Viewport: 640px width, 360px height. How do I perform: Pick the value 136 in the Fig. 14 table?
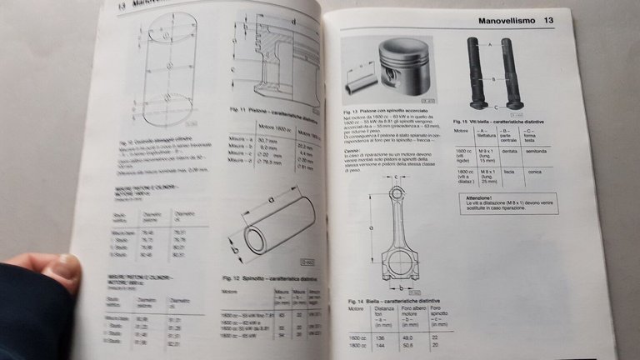pos(380,338)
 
